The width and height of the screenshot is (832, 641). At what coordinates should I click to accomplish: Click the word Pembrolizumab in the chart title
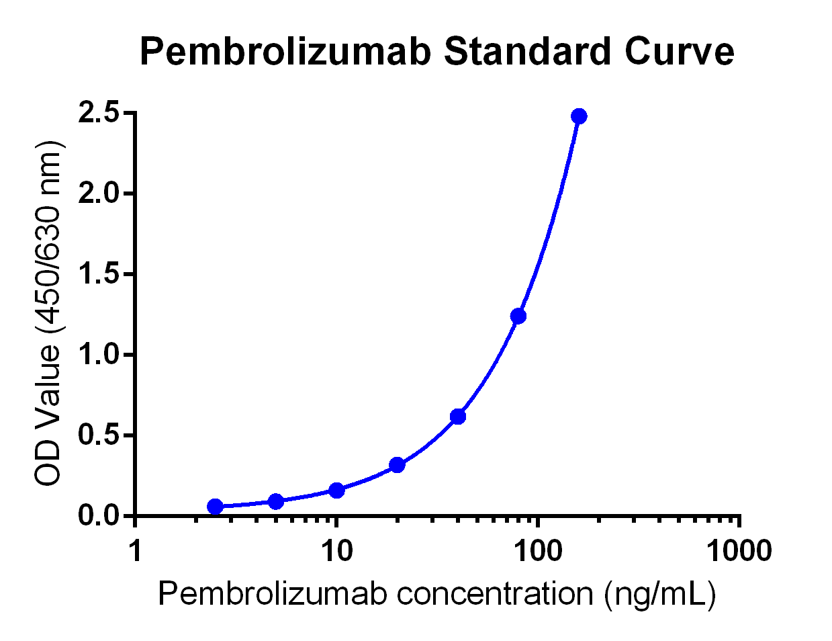(x=285, y=52)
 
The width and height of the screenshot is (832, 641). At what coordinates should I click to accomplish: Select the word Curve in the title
(x=680, y=52)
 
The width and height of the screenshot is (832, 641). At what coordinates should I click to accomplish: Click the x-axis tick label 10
(x=336, y=552)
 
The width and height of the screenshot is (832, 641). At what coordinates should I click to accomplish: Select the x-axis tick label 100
(x=537, y=552)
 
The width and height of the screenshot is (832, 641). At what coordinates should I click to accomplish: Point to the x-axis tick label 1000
(x=739, y=552)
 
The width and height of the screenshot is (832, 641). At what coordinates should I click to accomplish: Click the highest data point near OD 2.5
(x=579, y=116)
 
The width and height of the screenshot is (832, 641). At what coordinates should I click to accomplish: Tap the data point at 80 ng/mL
(x=518, y=316)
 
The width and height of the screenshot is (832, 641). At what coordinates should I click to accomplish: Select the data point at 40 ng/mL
(x=458, y=417)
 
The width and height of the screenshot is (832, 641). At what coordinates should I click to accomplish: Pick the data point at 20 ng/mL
(x=397, y=465)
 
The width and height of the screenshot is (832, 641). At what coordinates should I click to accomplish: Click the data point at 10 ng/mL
(x=336, y=490)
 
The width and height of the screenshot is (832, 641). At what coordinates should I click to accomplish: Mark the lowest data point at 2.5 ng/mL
(x=215, y=506)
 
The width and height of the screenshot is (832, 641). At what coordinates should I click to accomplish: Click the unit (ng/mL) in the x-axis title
(x=659, y=595)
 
